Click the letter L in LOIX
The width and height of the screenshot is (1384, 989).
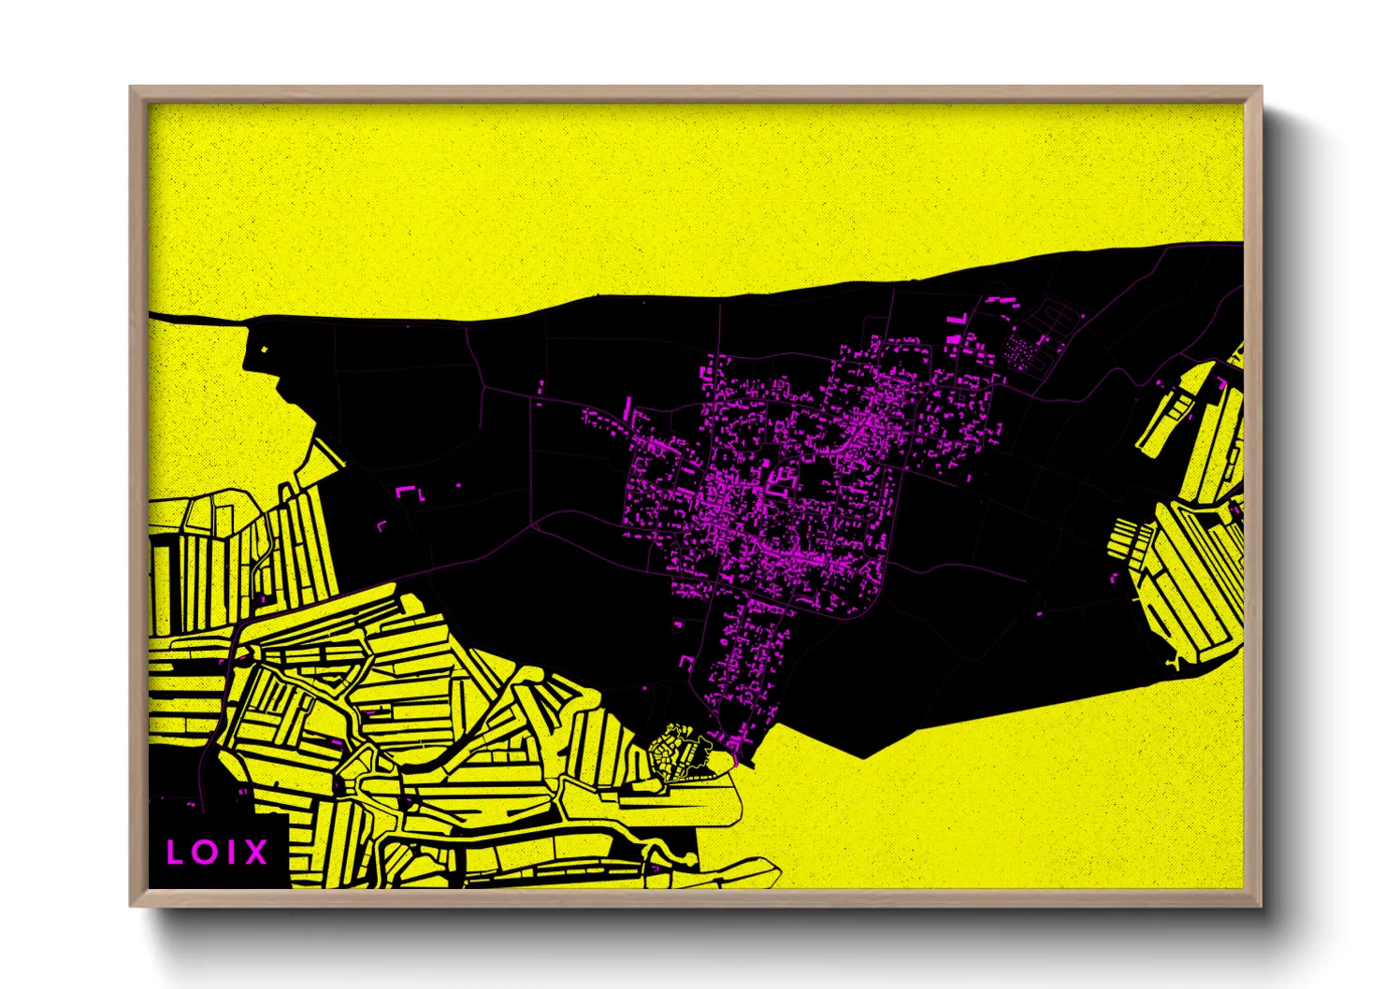pos(174,852)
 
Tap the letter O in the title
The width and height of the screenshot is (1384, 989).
pos(204,852)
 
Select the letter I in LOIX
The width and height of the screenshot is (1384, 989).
pos(230,852)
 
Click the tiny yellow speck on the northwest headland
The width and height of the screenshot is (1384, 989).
pos(265,351)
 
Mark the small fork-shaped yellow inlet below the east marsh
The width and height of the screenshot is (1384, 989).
pos(1174,663)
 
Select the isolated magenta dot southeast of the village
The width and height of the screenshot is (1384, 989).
pos(1040,613)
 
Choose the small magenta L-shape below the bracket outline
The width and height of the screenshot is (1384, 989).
pos(381,526)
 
